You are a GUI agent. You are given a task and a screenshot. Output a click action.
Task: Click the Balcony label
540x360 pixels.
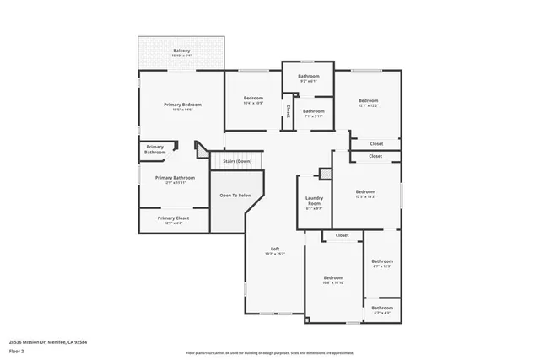[x=181, y=51]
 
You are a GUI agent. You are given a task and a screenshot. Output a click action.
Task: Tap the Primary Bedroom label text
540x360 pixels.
[x=183, y=105]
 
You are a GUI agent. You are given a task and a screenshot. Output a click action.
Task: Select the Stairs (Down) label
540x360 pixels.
[x=237, y=160]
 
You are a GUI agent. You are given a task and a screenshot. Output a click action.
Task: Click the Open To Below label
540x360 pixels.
[x=235, y=196]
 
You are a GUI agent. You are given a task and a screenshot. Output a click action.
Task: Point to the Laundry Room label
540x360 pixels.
[x=314, y=201]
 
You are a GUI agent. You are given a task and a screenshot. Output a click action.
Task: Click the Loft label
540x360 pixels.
[x=275, y=249]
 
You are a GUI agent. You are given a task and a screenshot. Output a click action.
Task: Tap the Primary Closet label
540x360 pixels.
[x=173, y=218]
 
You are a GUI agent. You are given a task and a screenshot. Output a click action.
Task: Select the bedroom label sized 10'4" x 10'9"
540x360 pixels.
[x=253, y=98]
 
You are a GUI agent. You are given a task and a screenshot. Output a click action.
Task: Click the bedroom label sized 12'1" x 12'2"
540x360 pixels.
[x=368, y=100]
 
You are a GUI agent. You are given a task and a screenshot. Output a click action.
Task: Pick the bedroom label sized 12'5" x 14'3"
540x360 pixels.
[x=365, y=191]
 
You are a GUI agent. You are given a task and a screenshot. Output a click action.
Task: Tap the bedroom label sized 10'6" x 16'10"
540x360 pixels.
[x=333, y=278]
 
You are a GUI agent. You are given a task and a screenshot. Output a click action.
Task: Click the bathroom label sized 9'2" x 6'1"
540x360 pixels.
[x=308, y=77]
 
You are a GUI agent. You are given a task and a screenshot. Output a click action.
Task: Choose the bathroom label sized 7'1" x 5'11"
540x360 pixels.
[x=314, y=111]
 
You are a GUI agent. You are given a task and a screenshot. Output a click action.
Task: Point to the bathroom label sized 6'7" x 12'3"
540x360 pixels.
[x=382, y=261]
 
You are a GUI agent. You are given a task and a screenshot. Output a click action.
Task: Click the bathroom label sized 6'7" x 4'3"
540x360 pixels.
[x=382, y=309]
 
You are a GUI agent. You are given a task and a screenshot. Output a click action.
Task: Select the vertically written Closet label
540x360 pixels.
[x=288, y=111]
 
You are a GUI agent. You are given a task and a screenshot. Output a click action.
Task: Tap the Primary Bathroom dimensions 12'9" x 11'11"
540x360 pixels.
[x=175, y=184]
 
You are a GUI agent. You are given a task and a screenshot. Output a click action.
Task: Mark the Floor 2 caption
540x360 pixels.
[x=17, y=351]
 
